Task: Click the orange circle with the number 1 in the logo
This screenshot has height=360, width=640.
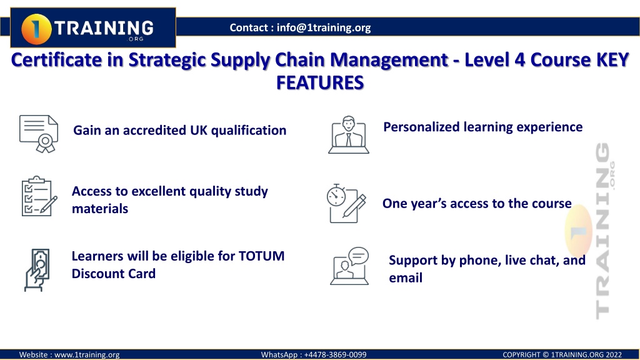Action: coord(36,29)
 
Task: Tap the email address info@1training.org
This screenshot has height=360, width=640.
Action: coord(324,27)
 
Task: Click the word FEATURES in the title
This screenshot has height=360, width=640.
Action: coord(320,82)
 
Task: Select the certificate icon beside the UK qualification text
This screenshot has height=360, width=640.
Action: coord(39,134)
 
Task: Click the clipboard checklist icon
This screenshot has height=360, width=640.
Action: coord(39,196)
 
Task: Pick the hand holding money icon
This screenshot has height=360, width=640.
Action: coord(37,270)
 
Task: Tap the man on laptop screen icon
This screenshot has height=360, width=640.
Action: coord(349,135)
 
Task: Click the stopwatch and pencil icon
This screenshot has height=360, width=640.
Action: coord(346,203)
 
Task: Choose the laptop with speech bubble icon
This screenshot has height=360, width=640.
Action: coord(349,266)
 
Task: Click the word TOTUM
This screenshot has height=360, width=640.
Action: coord(261,256)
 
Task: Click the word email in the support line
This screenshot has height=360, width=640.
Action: coord(405,278)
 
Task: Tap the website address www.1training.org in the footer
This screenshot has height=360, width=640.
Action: coord(87,355)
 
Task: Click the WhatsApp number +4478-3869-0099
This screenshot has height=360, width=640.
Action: coord(335,355)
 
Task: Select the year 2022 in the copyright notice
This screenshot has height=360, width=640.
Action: coord(614,355)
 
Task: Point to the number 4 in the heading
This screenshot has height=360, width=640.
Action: coord(519,60)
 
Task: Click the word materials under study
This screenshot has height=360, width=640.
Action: coord(100,209)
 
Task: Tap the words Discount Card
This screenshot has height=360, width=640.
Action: coord(114,274)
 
